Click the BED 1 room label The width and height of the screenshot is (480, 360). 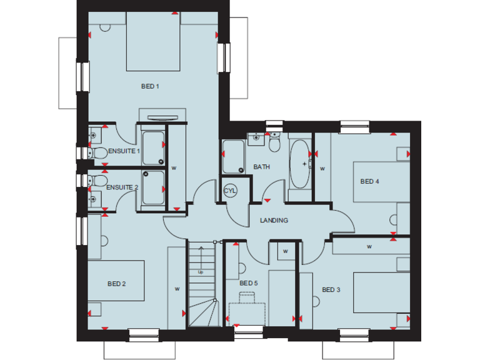(150, 86)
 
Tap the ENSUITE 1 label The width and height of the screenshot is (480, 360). (124, 151)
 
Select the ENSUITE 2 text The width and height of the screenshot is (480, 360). (122, 187)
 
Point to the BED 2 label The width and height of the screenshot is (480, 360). (117, 284)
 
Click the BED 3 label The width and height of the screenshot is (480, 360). (331, 289)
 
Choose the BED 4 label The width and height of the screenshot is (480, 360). (370, 182)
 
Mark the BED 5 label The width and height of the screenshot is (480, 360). (248, 283)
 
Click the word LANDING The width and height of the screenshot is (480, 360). (274, 220)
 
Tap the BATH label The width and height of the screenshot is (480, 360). (261, 167)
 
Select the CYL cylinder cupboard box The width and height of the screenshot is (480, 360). (229, 190)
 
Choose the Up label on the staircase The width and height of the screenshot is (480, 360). (201, 272)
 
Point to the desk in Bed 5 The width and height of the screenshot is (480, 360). (247, 313)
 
